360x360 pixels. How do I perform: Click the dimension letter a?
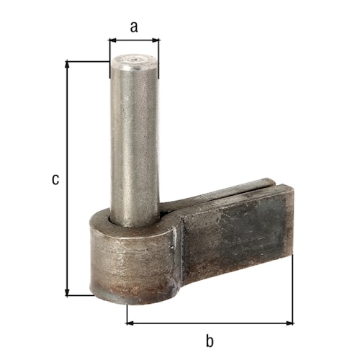coord(134,27)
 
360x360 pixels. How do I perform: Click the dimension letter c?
coord(55,179)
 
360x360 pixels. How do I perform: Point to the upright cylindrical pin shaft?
coord(134,137)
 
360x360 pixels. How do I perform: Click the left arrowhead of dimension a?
coord(112,40)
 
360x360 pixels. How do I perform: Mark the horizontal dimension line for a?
coord(134,40)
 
